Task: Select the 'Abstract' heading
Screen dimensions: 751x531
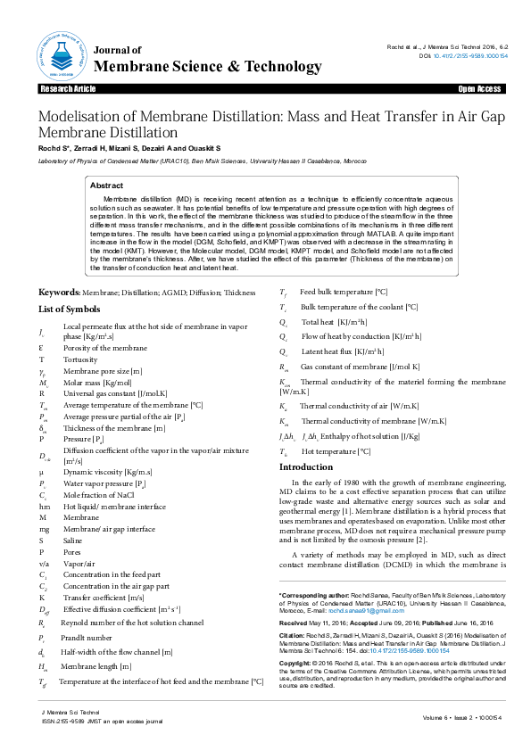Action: [108, 186]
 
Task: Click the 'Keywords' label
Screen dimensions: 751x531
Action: [58, 293]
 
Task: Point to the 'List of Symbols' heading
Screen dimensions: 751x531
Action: [69, 309]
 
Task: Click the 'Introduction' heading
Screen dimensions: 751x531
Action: [306, 467]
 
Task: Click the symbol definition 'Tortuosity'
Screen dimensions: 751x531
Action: [82, 359]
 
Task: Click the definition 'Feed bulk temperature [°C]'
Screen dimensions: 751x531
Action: [343, 293]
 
